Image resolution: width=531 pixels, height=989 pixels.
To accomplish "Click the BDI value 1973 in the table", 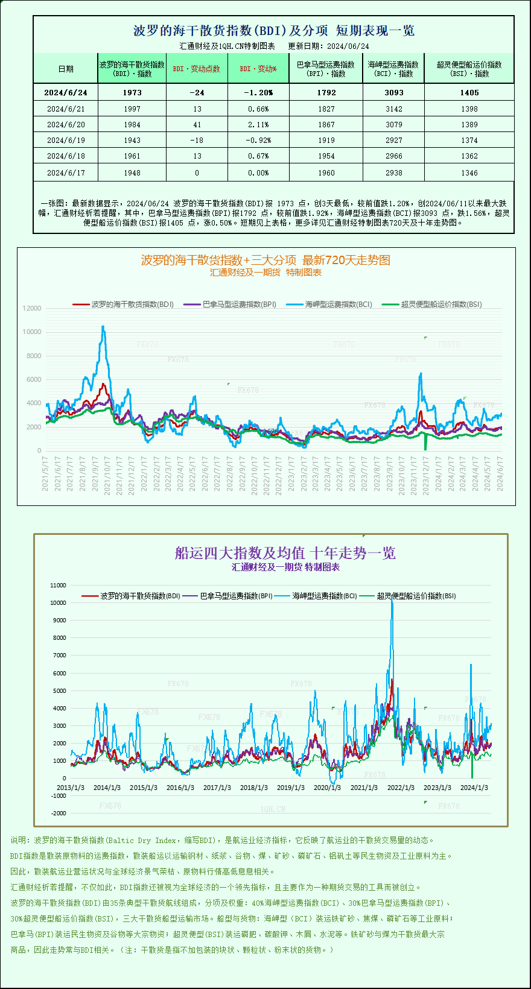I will pos(132,92).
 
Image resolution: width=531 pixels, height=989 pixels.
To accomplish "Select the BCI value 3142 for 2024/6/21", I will pos(393,109).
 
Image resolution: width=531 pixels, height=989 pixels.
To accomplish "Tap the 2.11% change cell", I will pos(258,124).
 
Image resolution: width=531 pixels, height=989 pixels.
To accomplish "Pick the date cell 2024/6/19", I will pos(66,140).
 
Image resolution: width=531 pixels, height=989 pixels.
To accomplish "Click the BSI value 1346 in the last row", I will pos(469,172).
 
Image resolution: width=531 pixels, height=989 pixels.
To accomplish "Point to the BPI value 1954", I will pos(326,156).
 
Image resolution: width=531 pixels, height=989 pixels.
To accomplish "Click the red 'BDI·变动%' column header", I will pos(258,69).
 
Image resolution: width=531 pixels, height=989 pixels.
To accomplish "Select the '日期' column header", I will pos(66,69).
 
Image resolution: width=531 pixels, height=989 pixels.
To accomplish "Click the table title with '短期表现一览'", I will pos(273,30).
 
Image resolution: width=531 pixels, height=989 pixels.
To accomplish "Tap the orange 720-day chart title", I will pos(265,260).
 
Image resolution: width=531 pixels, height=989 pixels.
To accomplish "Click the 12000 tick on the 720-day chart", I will pos(32,308).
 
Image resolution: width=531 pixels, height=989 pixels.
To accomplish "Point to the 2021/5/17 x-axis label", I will pos(45,473).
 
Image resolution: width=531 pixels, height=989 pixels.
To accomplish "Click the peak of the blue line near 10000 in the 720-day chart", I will pos(103,327).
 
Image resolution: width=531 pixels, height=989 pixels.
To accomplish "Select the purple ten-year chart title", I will pos(285,553).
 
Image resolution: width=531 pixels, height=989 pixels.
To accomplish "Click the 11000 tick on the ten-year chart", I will pos(59,585).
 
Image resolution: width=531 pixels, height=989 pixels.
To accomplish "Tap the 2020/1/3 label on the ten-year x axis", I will pos(327,788).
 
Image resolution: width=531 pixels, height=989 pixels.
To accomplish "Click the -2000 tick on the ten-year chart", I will pos(59,813).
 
